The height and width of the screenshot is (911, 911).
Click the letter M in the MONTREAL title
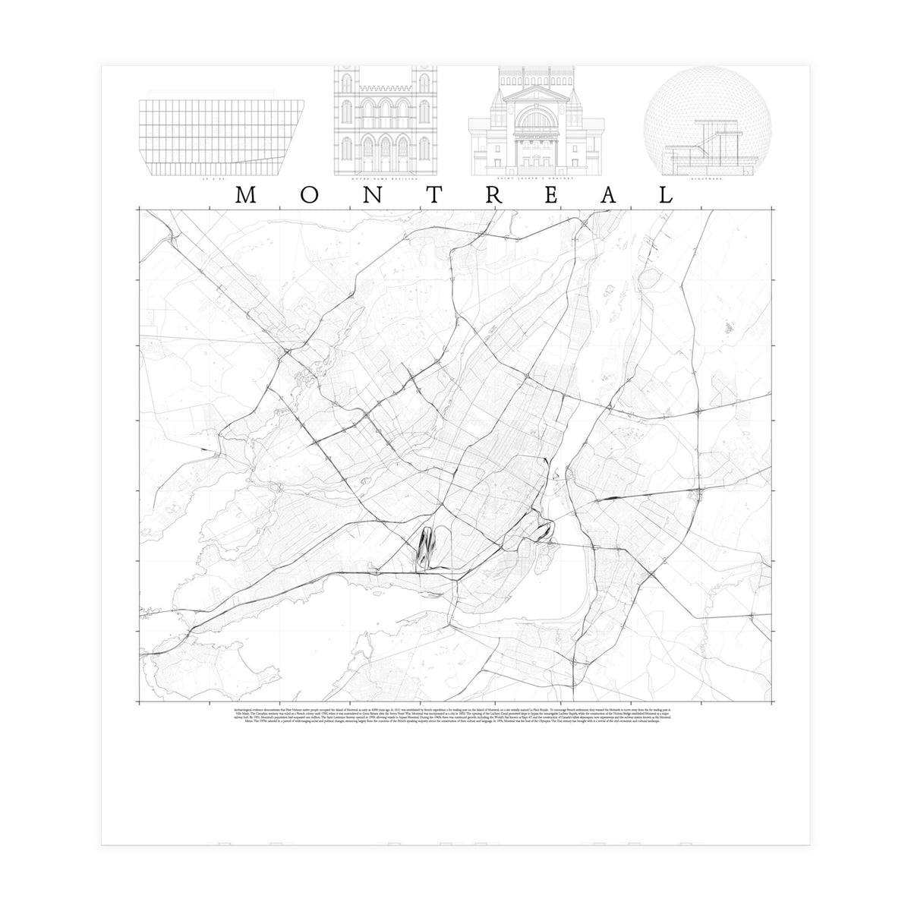coord(244,196)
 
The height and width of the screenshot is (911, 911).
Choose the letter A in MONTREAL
coord(607,196)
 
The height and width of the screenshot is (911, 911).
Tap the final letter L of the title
coord(665,196)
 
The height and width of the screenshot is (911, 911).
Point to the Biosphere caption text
coord(706,180)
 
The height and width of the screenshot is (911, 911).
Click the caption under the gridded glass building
coord(210,180)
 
